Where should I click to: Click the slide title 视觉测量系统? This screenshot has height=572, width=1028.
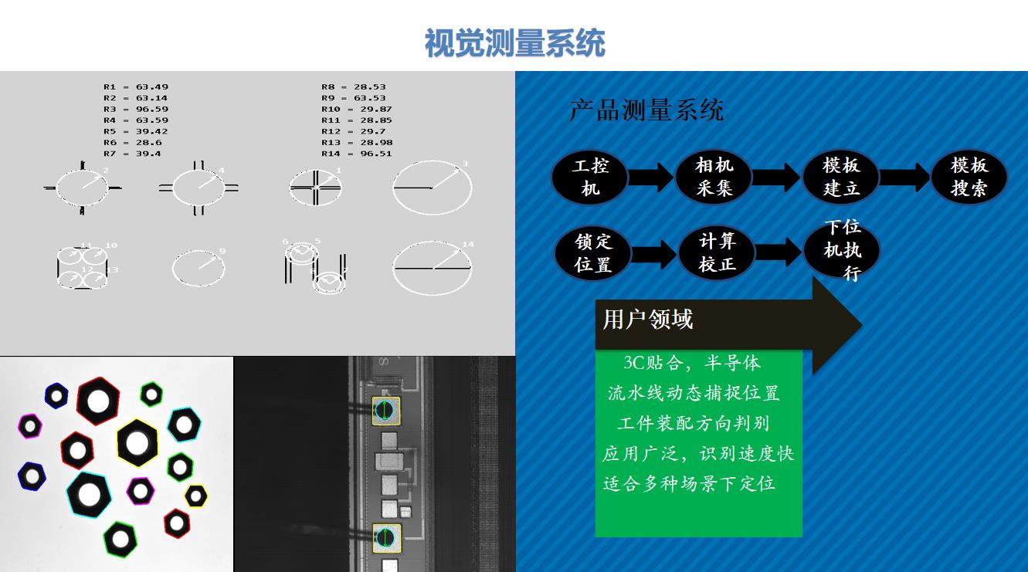click(514, 43)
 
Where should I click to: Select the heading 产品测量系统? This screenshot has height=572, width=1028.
click(646, 110)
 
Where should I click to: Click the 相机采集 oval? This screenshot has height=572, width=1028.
click(714, 177)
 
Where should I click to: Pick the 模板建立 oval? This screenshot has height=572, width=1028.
click(841, 177)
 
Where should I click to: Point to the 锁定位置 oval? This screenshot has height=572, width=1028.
click(593, 253)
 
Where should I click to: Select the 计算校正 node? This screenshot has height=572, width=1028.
click(718, 252)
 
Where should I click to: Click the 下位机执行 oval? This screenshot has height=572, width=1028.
click(842, 250)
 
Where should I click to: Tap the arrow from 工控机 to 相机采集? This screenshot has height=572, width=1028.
click(651, 177)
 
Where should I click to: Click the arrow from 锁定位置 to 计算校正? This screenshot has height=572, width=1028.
click(655, 253)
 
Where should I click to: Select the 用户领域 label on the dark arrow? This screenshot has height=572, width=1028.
click(648, 320)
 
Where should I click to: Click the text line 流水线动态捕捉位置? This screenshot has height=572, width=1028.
click(693, 393)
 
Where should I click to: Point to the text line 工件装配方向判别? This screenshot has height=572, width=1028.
click(693, 423)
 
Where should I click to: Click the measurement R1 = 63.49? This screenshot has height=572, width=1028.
click(135, 87)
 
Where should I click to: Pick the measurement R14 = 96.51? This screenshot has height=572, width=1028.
click(356, 154)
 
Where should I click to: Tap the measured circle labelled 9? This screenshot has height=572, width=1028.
click(198, 268)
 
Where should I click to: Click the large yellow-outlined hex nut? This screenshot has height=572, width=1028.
click(137, 443)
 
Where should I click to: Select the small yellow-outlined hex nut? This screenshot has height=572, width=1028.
click(196, 496)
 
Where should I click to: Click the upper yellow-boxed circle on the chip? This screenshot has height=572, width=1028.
click(386, 411)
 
